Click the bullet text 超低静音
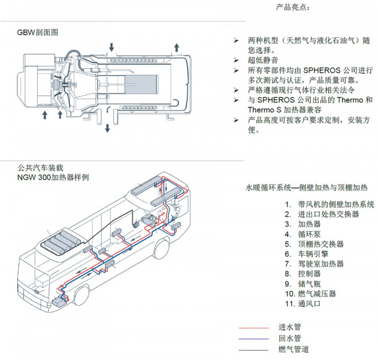(x=264, y=60)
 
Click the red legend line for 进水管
(x=253, y=328)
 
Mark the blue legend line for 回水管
(x=253, y=339)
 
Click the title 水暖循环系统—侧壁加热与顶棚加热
(x=306, y=187)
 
